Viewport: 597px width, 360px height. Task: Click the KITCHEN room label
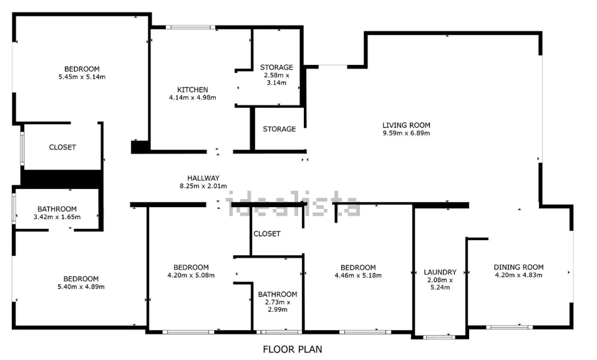coord(193,90)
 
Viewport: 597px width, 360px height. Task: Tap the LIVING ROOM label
coord(406,125)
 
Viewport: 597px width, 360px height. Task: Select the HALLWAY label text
coord(203,178)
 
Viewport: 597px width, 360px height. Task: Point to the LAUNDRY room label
coord(440,272)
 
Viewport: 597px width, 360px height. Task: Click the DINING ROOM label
coord(518,267)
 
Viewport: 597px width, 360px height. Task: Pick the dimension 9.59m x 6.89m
coord(406,133)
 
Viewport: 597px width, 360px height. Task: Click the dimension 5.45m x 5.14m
coord(82,77)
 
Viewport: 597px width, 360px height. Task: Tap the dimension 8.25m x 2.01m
coord(203,186)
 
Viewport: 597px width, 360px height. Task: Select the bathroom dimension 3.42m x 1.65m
coord(57,216)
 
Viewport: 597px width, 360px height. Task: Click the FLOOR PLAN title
coord(293,349)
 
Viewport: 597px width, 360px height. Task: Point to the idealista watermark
coord(293,204)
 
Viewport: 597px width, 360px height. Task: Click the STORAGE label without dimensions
coord(279,129)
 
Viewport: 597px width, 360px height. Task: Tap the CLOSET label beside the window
coord(62,147)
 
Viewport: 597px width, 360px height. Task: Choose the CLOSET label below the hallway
coord(267,233)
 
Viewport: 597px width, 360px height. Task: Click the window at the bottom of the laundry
coord(439,337)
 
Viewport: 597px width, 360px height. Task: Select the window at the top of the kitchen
coord(191,27)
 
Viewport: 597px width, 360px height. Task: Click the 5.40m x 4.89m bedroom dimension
coord(81,286)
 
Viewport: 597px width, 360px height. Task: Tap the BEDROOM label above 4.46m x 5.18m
coord(358,268)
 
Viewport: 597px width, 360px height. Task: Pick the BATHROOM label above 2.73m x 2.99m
coord(278,294)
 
